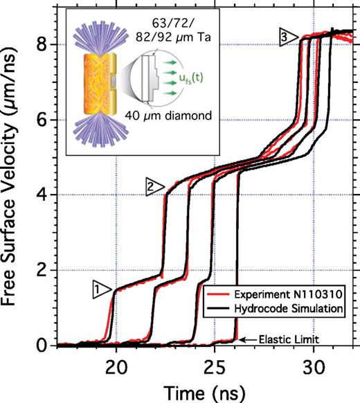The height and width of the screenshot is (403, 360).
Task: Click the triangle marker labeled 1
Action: point(101,286)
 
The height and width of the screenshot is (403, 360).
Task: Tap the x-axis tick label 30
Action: point(314,364)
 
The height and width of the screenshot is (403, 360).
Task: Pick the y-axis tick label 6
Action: point(44,120)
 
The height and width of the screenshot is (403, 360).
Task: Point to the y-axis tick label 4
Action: point(44,195)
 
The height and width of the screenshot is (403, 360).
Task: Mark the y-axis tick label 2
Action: point(44,270)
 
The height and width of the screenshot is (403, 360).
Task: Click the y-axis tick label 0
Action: point(44,345)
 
